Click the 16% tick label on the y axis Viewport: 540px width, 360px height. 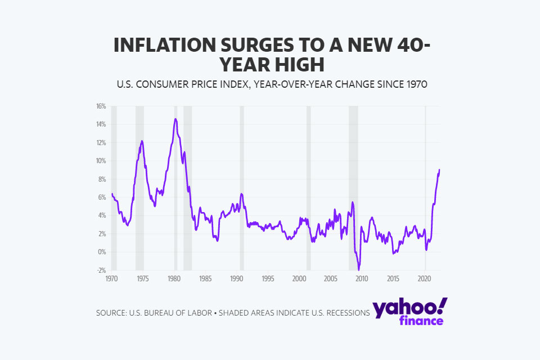coord(101,106)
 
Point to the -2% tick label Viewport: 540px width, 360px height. coord(102,270)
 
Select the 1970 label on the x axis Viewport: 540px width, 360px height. coord(111,278)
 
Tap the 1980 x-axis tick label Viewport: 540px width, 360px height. coord(174,278)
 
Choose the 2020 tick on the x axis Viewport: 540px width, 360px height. coord(425,278)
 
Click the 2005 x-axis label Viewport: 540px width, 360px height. coord(330,278)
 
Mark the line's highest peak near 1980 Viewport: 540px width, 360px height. coord(175,119)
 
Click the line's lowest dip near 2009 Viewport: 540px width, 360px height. coord(358,270)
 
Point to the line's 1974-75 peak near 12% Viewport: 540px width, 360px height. coord(142,141)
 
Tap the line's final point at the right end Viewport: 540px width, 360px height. coord(439,170)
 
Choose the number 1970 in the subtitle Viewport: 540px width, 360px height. coord(415,85)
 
